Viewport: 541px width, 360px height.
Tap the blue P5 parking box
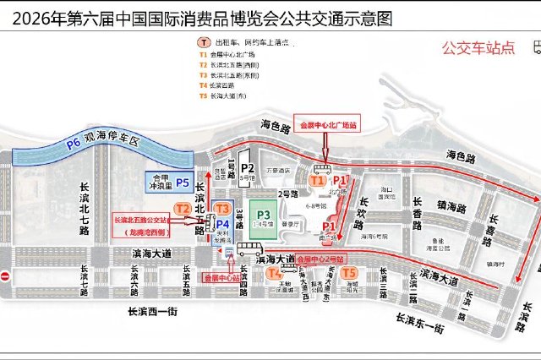170,182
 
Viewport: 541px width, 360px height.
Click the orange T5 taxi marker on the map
348,273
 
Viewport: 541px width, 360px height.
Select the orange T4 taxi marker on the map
274,273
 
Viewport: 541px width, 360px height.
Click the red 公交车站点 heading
478,48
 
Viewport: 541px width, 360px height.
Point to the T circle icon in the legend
204,42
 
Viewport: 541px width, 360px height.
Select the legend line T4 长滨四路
224,85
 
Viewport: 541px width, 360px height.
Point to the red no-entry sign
5,276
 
